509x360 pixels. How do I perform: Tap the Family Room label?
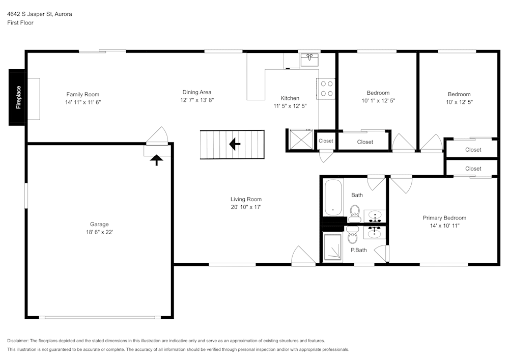82,94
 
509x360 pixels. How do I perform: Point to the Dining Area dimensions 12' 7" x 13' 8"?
197,100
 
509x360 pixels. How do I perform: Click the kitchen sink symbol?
309,59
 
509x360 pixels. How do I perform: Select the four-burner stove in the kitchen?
327,88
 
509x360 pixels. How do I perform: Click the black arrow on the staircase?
235,145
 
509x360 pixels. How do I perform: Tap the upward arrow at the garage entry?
156,160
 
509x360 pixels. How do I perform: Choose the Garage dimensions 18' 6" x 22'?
99,232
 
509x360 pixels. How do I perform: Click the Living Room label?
246,199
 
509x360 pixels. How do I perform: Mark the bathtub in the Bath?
334,197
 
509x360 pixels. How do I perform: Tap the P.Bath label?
358,250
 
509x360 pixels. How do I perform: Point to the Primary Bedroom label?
444,218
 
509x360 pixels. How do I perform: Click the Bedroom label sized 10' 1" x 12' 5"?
378,93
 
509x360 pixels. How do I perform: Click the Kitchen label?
290,98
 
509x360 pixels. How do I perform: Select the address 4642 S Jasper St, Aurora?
39,14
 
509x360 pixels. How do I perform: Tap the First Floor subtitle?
20,23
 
